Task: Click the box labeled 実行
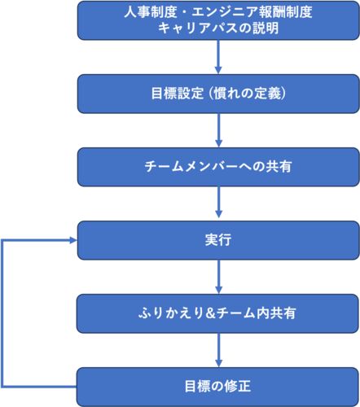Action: click(x=218, y=240)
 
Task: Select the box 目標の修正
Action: click(x=217, y=387)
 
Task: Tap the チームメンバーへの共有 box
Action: click(x=218, y=167)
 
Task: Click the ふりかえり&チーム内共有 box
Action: click(x=217, y=313)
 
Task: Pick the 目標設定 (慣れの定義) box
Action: click(x=218, y=94)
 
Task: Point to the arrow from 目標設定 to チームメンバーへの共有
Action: click(x=218, y=130)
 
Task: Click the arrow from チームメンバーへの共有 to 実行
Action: click(x=218, y=203)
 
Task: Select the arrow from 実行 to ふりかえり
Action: click(x=218, y=277)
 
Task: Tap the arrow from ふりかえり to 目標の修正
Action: click(x=218, y=350)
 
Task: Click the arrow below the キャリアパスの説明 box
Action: click(x=218, y=57)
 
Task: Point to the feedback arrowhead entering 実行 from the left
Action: click(x=73, y=240)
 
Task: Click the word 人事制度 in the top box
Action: click(x=151, y=12)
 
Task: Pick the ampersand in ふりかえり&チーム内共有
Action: click(x=210, y=313)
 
